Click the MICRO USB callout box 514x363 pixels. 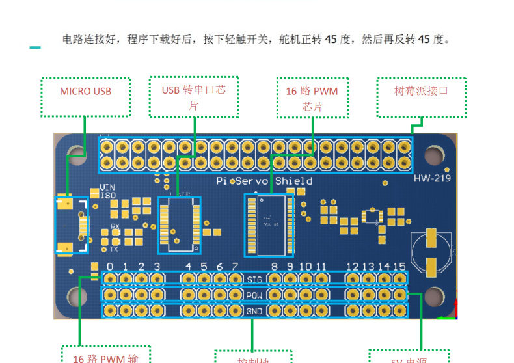pyautogui.click(x=85, y=97)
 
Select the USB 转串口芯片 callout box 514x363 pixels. pyautogui.click(x=193, y=98)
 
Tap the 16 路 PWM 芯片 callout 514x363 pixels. pyautogui.click(x=312, y=98)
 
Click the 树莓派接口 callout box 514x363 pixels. pyautogui.click(x=422, y=98)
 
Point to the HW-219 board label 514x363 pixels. pyautogui.click(x=432, y=178)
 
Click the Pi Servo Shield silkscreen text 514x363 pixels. pyautogui.click(x=264, y=181)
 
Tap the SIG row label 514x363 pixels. pyautogui.click(x=255, y=280)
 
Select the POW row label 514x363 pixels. pyautogui.click(x=255, y=295)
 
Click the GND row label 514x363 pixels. pyautogui.click(x=255, y=311)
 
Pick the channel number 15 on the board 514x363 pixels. pyautogui.click(x=400, y=267)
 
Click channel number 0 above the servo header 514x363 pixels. pyautogui.click(x=110, y=267)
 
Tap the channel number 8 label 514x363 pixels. pyautogui.click(x=275, y=267)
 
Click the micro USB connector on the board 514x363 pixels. pyautogui.click(x=72, y=225)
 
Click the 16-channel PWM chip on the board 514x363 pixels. pyautogui.click(x=269, y=224)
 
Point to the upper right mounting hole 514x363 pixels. pyautogui.click(x=434, y=155)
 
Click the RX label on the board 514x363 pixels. pyautogui.click(x=115, y=226)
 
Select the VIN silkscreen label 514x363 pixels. pyautogui.click(x=107, y=188)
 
